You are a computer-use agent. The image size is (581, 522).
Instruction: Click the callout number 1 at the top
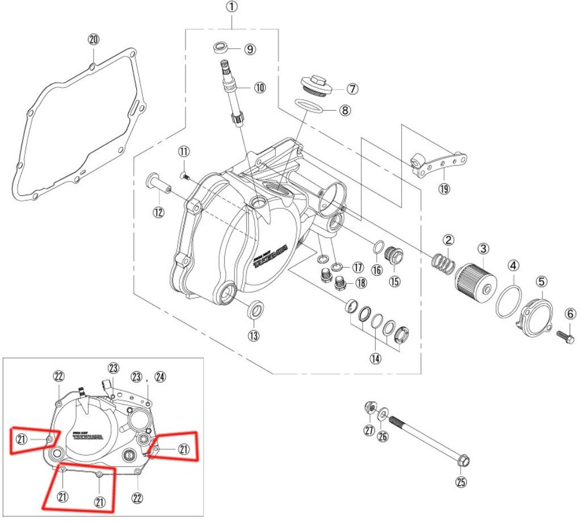click(x=233, y=7)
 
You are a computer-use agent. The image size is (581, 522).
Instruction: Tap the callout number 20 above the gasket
click(x=94, y=40)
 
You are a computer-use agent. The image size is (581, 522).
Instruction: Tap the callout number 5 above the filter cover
click(x=541, y=281)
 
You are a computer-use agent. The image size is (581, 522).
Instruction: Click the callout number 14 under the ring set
click(x=376, y=358)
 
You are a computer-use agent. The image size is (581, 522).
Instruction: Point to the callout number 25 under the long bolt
click(x=461, y=483)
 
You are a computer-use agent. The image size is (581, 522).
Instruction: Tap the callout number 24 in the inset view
click(x=160, y=376)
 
